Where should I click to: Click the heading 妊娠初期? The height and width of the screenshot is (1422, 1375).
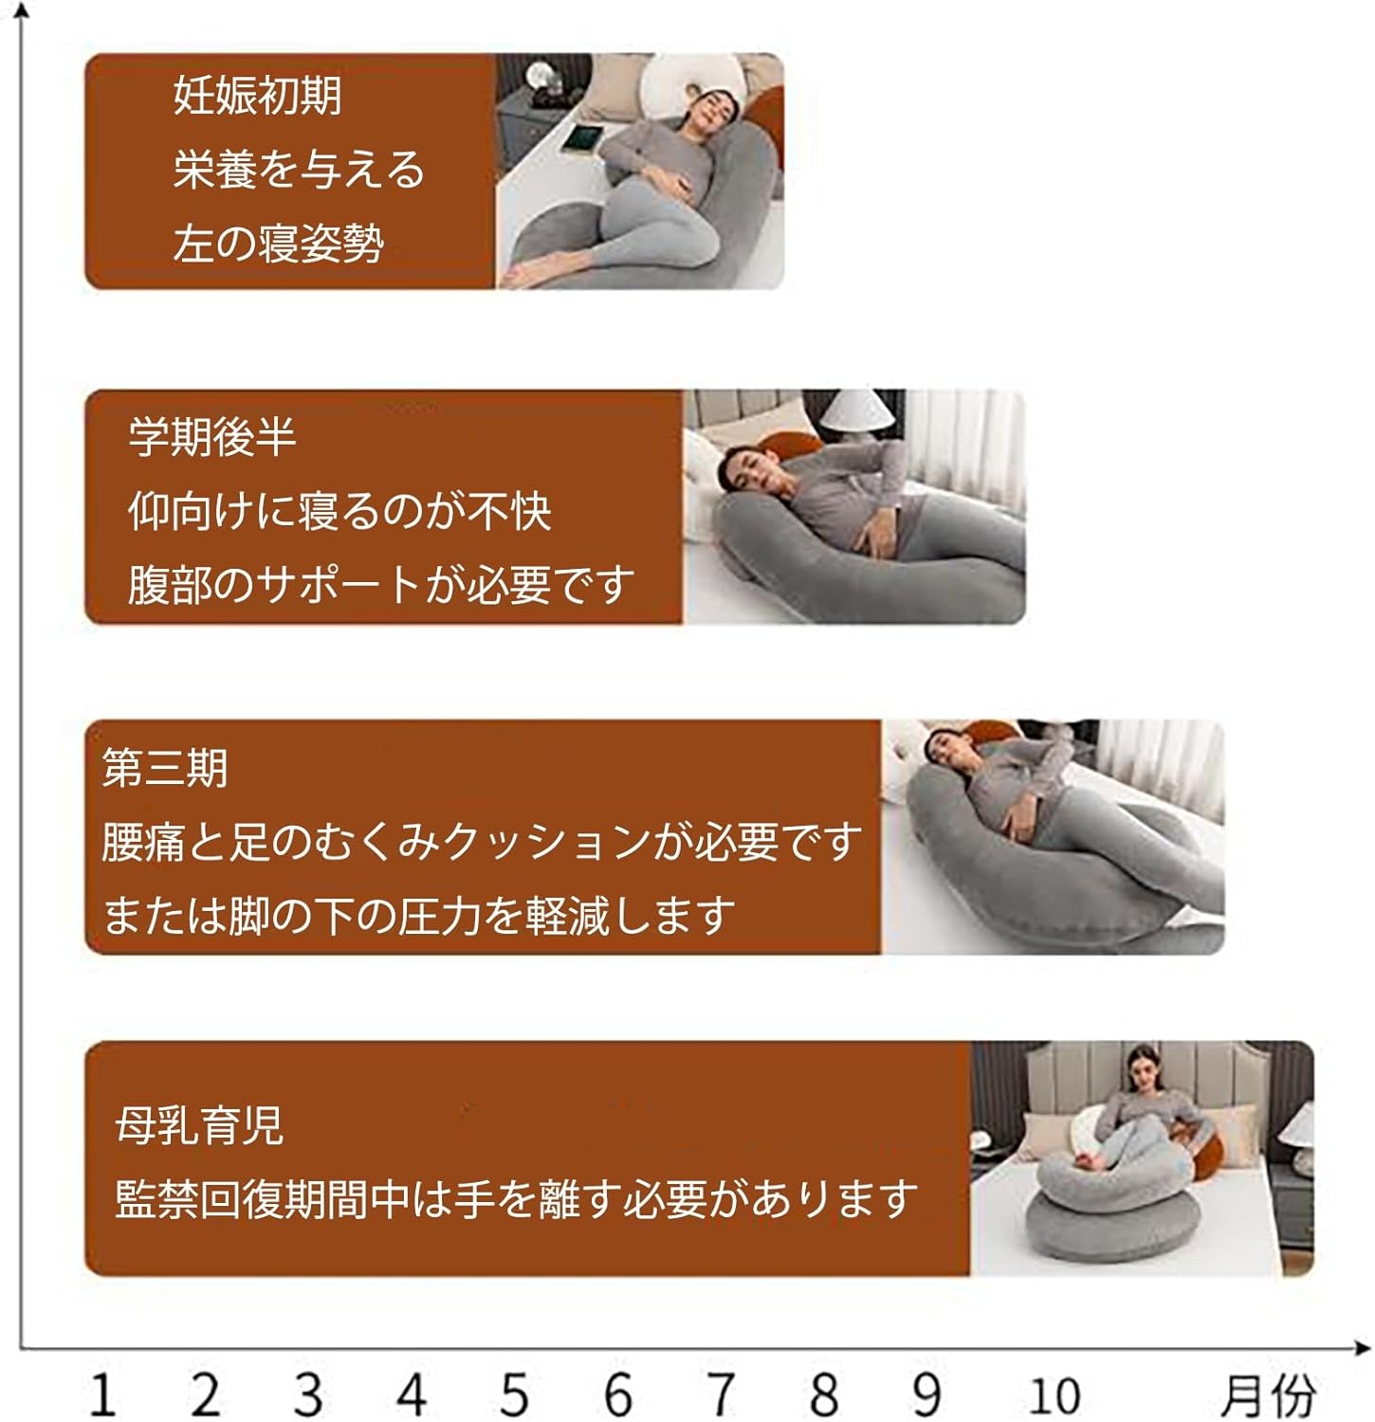coord(257,96)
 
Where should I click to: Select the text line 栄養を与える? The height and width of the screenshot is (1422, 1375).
coord(299,170)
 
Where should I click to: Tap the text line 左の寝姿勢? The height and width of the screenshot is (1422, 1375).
coord(278,244)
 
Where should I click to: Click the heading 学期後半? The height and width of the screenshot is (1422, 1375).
coord(212,437)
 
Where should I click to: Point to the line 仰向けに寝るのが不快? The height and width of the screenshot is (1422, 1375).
coord(339,511)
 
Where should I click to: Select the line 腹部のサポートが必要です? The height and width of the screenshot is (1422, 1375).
coord(381,584)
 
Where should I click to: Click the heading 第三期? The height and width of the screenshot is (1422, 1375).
coord(165,768)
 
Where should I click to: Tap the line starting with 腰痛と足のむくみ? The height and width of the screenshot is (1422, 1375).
coord(482,842)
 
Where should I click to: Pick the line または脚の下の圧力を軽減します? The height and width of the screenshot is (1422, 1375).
coord(418,916)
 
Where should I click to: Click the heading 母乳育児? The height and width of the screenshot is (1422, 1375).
coord(199,1126)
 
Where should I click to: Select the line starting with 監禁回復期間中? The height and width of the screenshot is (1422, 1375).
coord(517,1199)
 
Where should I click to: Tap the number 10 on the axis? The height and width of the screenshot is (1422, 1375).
coord(1054,1396)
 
